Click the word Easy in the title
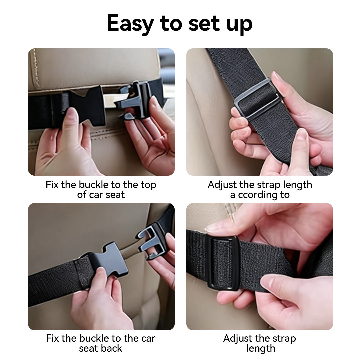point(130,23)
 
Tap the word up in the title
point(239,24)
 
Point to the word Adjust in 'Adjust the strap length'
point(222,185)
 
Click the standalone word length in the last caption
point(261,348)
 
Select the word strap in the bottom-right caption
point(284,339)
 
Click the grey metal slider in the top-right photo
point(257,98)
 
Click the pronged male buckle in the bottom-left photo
point(151,241)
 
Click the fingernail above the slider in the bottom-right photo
point(212,227)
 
